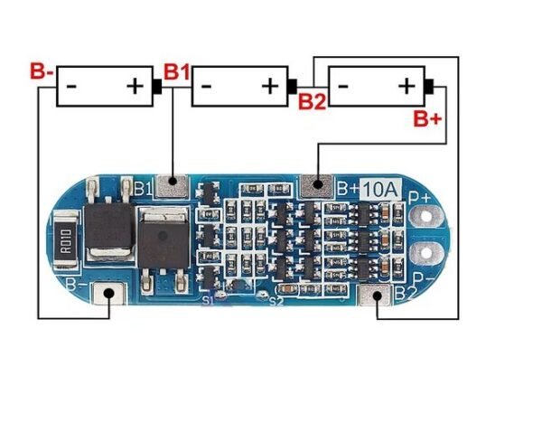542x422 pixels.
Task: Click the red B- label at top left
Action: coord(42,70)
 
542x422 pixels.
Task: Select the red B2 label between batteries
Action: coord(312,101)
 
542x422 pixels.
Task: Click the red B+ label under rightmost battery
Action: coord(427,117)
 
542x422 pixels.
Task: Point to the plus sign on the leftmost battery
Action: coord(134,87)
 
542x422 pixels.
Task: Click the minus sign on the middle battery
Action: coord(207,87)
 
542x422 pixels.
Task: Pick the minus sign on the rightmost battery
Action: coord(342,87)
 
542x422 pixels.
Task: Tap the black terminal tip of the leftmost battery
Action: coord(157,87)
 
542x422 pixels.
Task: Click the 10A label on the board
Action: coord(381,189)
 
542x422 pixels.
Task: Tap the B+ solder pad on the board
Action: coord(315,185)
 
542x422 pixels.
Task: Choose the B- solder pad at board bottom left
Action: coord(112,295)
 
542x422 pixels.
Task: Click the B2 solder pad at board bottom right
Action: coord(378,295)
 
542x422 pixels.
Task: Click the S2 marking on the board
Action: coord(276,301)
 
